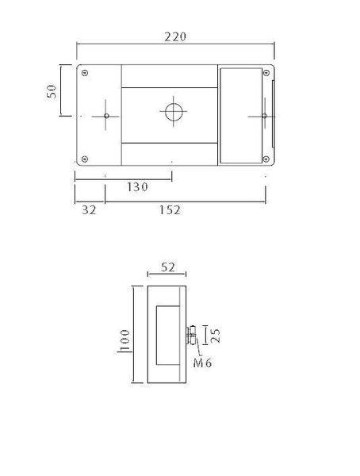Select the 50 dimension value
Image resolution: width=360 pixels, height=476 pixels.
click(x=53, y=91)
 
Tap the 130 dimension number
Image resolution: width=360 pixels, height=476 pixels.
click(x=138, y=187)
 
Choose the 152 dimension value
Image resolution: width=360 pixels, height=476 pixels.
click(x=169, y=210)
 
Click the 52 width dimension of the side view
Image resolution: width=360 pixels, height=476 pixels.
click(x=167, y=267)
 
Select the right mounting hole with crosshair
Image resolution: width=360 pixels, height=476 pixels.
click(x=263, y=116)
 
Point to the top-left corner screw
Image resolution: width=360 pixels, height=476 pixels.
click(x=85, y=73)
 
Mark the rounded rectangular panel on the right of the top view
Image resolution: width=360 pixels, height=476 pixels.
click(x=243, y=116)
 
